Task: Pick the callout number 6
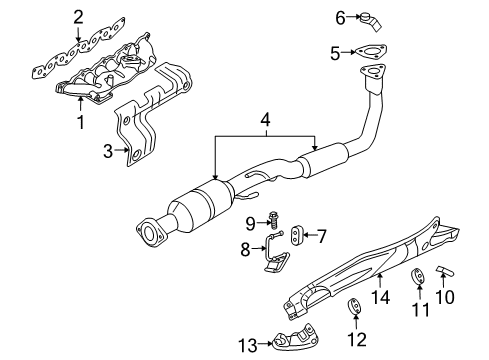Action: tap(339, 17)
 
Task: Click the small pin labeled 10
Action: tap(445, 274)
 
